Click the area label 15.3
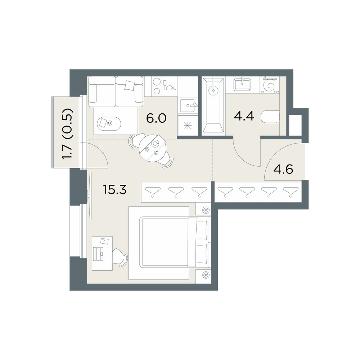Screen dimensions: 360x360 point(115,190)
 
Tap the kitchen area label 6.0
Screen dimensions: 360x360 point(156,118)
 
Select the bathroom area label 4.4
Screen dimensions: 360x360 point(244,116)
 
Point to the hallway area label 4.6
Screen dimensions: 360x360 point(284,170)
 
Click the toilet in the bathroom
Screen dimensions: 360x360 point(270,117)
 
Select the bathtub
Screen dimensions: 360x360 point(213,105)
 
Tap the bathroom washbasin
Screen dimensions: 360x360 point(242,85)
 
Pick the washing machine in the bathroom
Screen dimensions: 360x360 point(270,85)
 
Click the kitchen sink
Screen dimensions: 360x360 point(188,105)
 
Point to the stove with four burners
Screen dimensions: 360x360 point(157,86)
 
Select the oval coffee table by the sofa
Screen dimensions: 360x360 point(107,123)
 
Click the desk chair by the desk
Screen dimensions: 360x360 point(121,257)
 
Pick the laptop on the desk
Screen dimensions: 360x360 point(99,253)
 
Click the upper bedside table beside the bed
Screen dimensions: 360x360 point(203,210)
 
